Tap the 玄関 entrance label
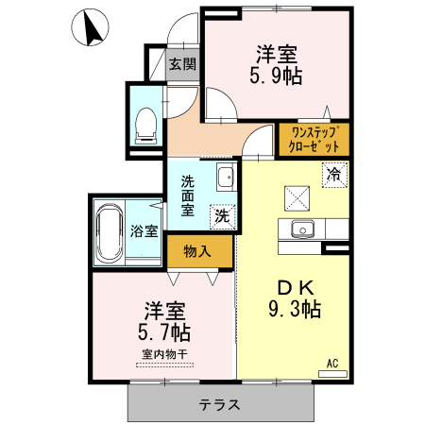[x=182, y=64]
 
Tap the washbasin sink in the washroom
[x=225, y=177]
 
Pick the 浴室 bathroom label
[x=144, y=230]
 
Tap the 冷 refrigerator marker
[x=333, y=174]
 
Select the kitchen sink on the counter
[x=302, y=229]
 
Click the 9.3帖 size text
[x=294, y=310]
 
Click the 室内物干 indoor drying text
[x=165, y=354]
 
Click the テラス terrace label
[x=219, y=405]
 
